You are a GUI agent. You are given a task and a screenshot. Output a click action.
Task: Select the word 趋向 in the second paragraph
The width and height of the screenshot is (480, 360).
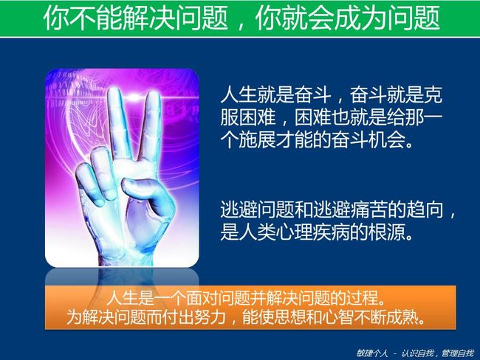pos(425,210)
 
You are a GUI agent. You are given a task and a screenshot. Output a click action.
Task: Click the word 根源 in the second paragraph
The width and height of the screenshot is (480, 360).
pos(388,232)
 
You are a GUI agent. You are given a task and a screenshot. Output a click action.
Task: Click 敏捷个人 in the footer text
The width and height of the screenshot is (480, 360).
pos(372,353)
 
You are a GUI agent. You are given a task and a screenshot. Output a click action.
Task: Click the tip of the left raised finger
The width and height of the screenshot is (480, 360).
pos(114,91)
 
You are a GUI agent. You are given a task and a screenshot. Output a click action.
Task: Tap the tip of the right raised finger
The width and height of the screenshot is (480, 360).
pos(152,94)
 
